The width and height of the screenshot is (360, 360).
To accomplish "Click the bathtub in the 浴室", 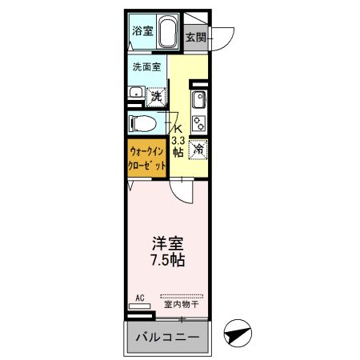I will coord(168,34).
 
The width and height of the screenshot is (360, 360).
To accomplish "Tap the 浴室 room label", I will coord(142,33).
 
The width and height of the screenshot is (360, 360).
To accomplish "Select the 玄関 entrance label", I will coord(195,38).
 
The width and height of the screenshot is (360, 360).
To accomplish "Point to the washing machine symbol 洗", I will coord(158,94).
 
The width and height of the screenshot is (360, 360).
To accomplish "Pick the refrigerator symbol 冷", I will coord(198,147).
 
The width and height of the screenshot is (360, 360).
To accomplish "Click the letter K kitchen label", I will coord(180,128).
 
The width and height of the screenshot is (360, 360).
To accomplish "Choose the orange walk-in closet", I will coord(147,157).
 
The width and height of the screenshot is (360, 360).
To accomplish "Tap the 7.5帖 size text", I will coord(167,260).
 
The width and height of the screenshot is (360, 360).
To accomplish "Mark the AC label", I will coord(140,298).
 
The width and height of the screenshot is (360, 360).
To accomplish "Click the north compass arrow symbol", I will coord(238,331).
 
